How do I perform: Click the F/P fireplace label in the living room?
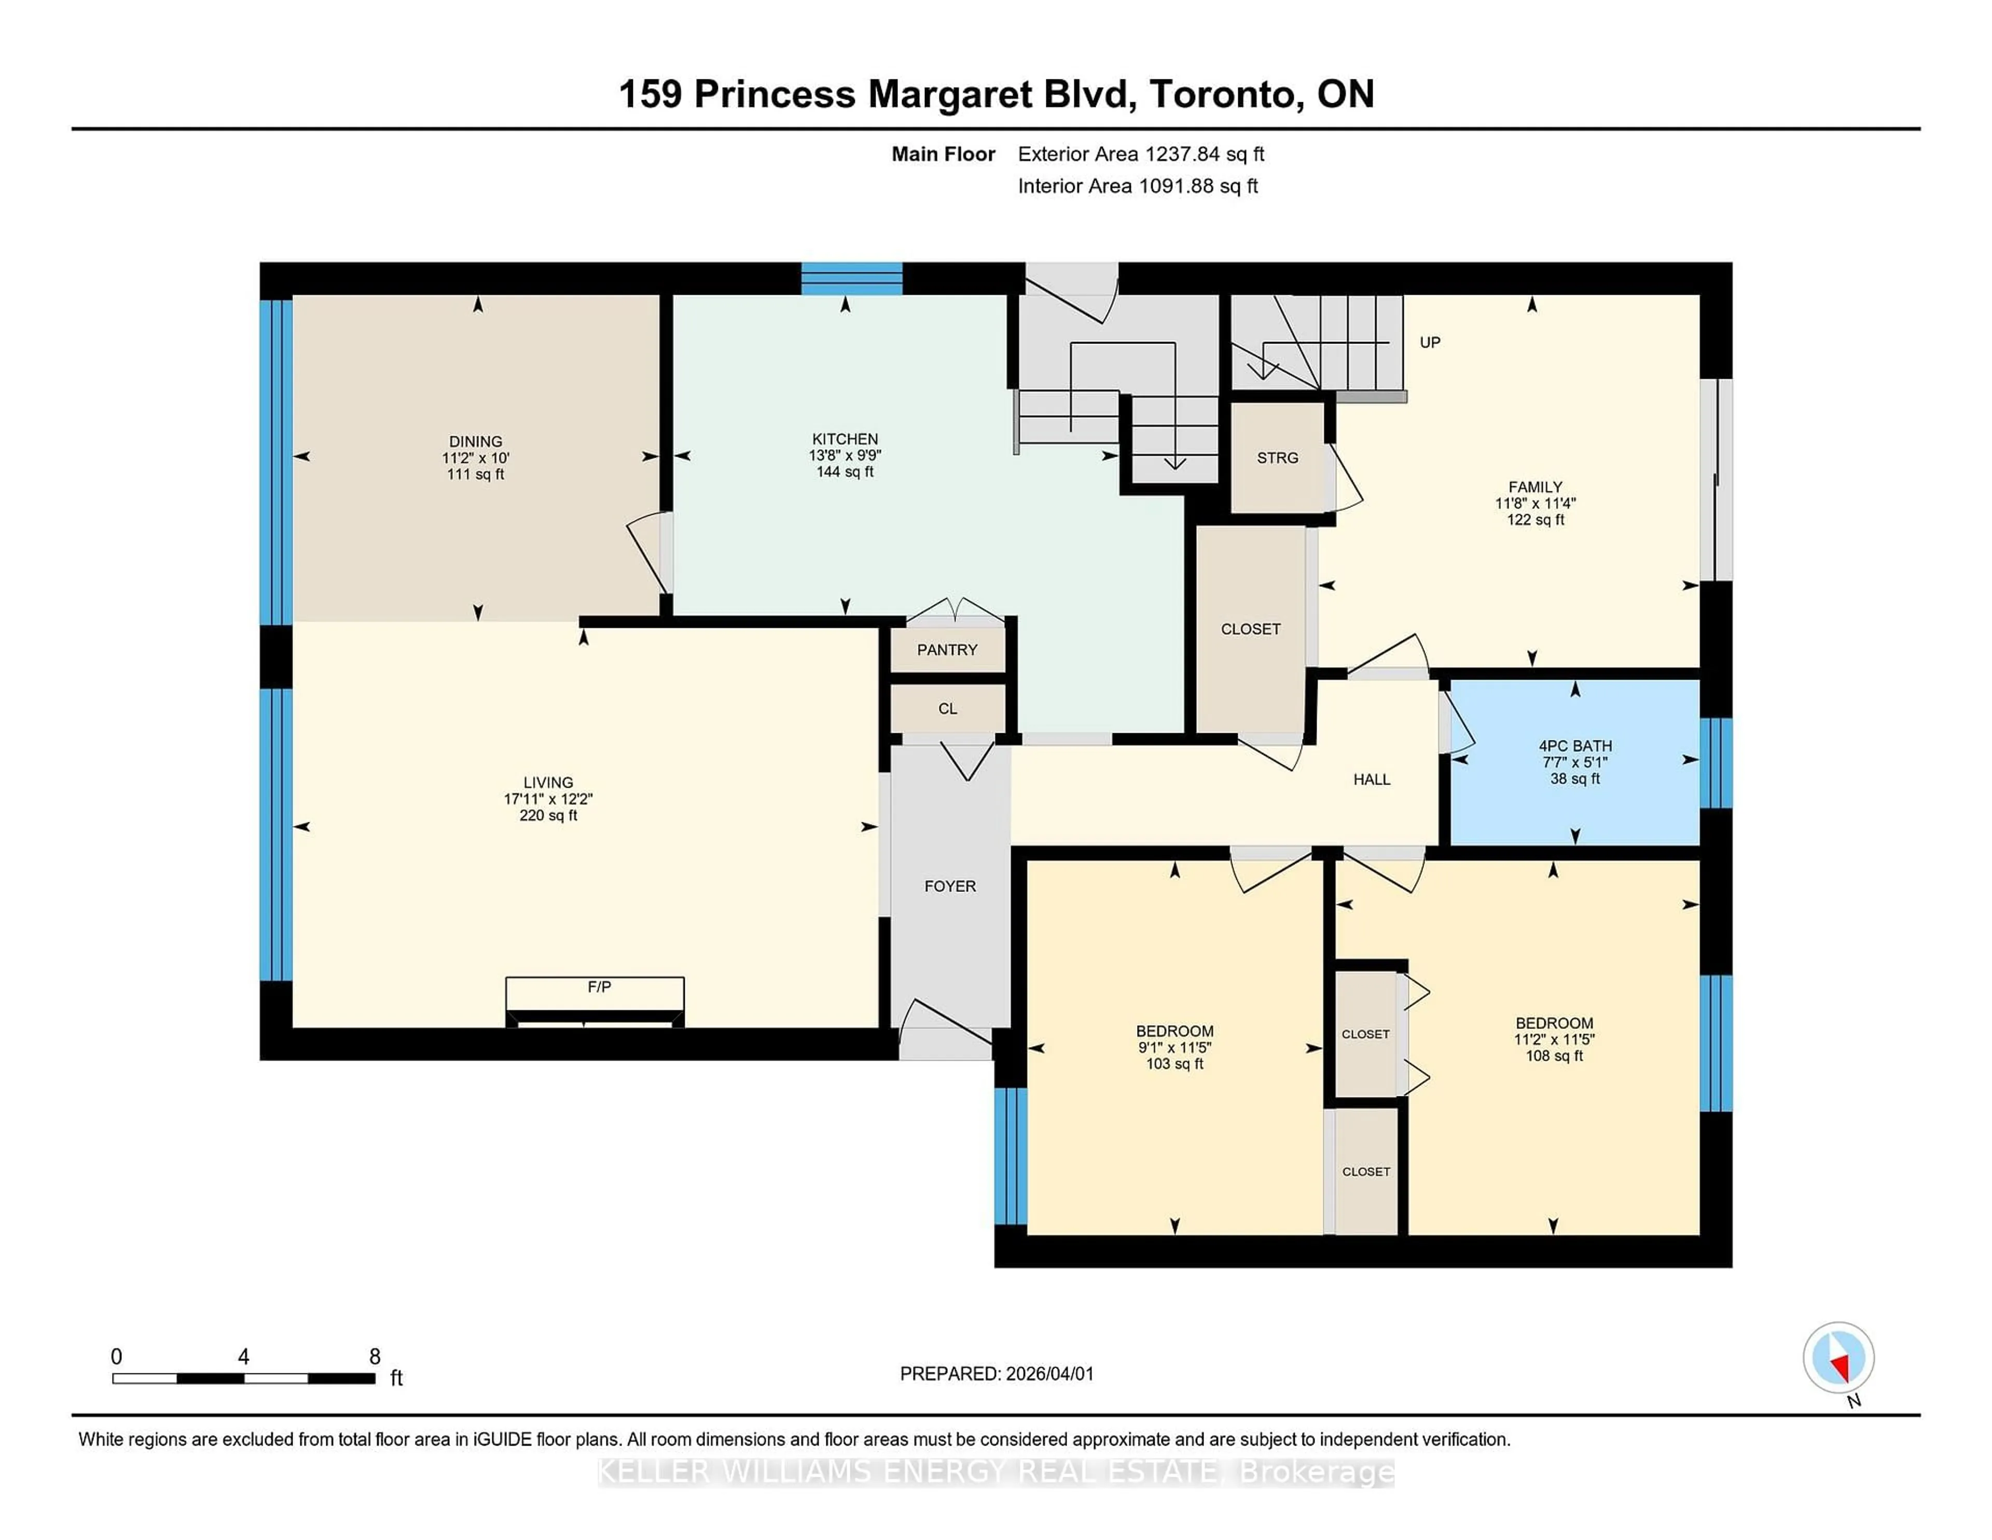pos(598,986)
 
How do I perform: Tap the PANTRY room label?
pos(947,650)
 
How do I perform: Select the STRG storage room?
pos(1277,458)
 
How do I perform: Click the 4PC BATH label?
pos(1575,746)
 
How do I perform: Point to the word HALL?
pos(1371,779)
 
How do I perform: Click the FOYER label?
pos(949,886)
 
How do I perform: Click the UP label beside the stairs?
pos(1429,342)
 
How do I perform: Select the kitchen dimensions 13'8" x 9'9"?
pos(845,455)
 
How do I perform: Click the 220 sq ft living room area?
pos(548,816)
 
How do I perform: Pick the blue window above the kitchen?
pos(851,278)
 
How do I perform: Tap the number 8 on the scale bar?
pos(374,1357)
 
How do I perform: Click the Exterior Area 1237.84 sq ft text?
pos(1140,154)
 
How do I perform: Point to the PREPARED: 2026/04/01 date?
pos(996,1374)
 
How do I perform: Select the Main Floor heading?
pos(942,154)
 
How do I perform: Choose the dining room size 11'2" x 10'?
pos(475,458)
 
